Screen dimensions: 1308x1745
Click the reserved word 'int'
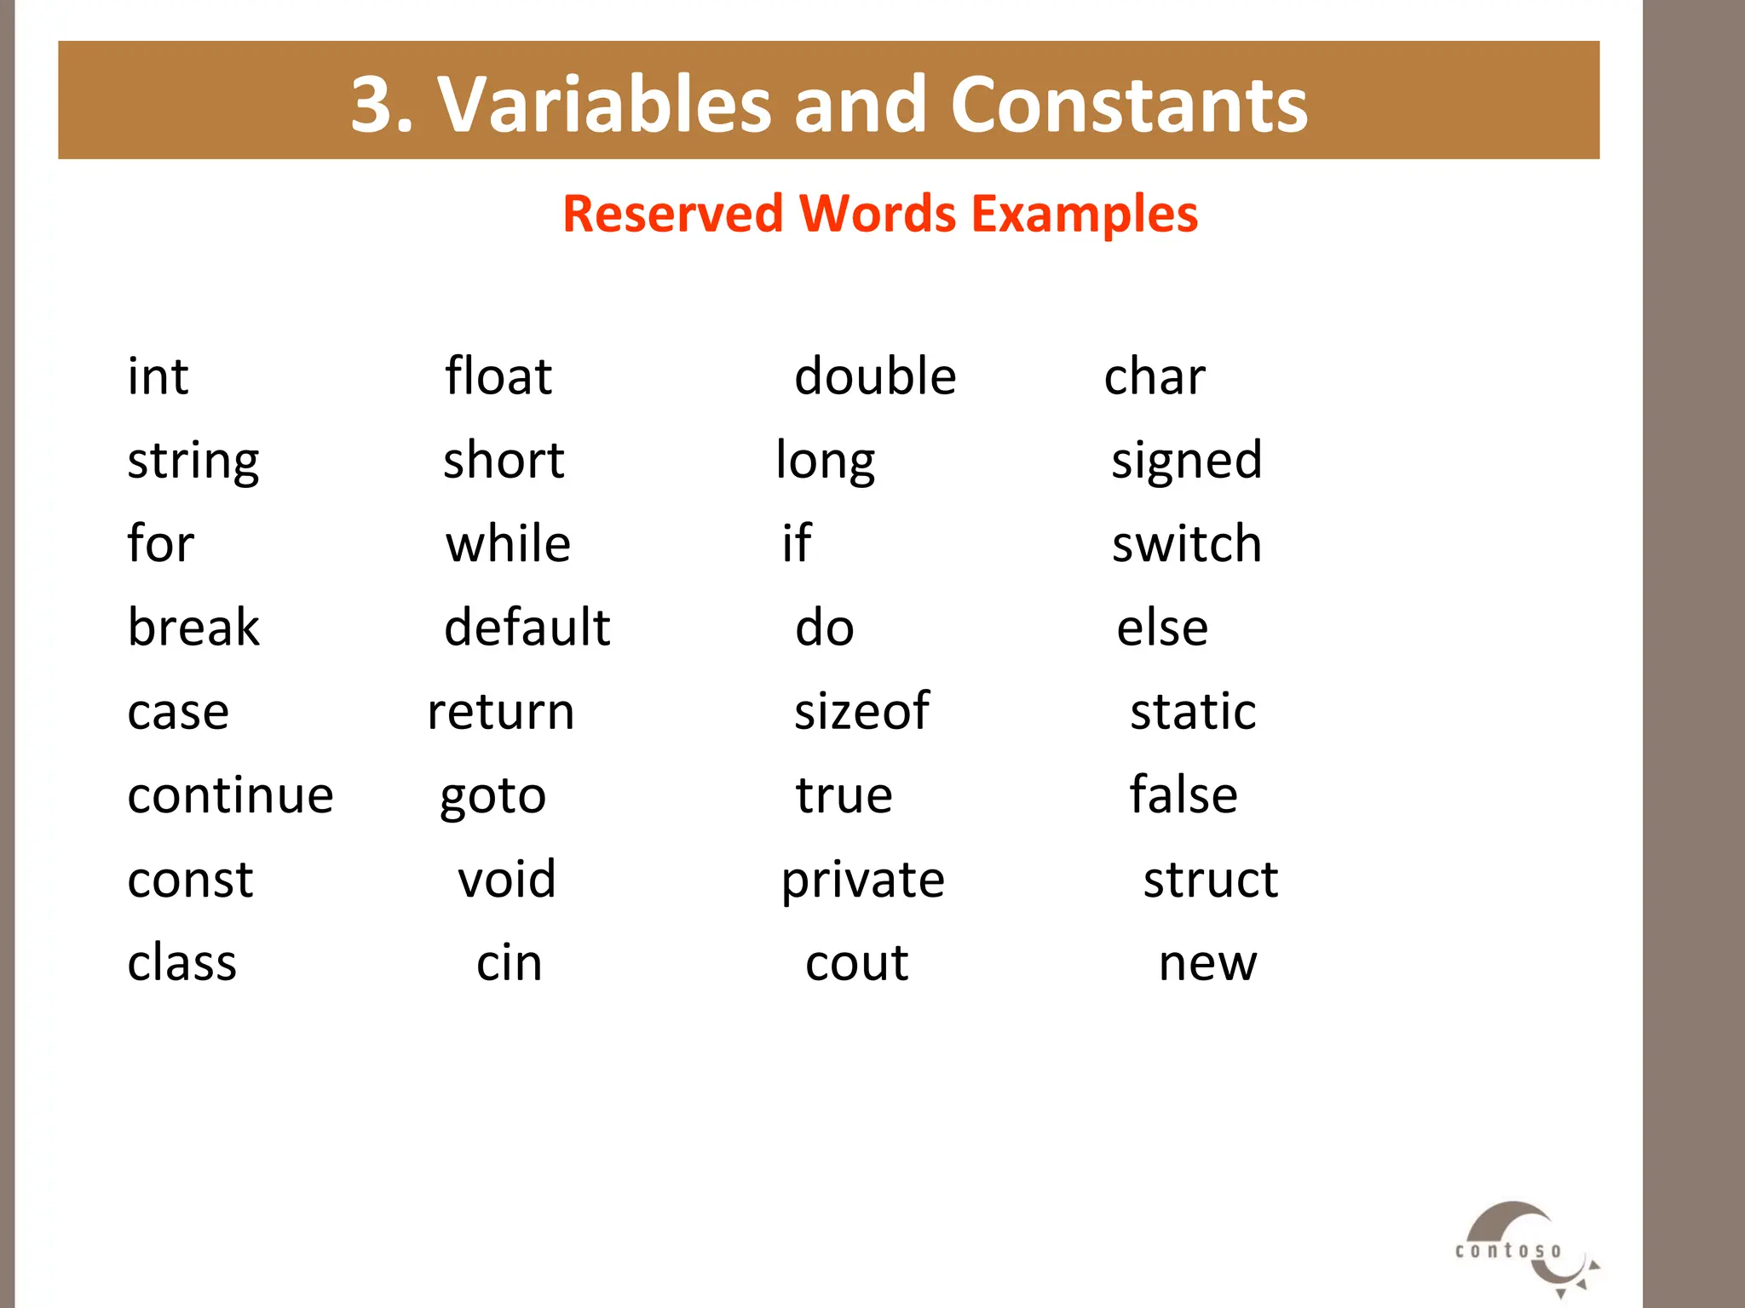pos(158,376)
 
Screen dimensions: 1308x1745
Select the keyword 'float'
pos(498,376)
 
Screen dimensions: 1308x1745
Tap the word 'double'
pos(875,376)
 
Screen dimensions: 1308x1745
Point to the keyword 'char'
pos(1155,376)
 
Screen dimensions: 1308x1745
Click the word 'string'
pos(193,462)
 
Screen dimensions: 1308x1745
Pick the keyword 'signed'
pos(1186,462)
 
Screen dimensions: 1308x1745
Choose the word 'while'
pos(508,544)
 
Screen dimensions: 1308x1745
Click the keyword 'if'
pos(797,543)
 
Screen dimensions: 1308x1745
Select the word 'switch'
pos(1186,544)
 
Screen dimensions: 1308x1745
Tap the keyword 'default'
pos(527,628)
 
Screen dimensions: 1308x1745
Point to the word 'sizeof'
pos(861,711)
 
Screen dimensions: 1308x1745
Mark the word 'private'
pos(863,881)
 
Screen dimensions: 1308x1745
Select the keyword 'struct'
pos(1210,879)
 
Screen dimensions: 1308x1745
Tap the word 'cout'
pos(857,963)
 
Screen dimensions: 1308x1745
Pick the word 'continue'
pos(230,795)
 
